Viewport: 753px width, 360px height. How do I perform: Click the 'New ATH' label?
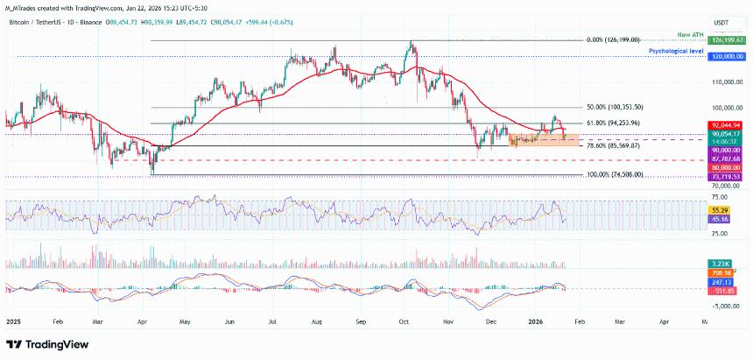click(x=690, y=33)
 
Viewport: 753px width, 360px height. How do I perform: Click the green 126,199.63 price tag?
click(x=728, y=40)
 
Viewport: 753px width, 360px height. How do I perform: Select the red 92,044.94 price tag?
click(x=728, y=125)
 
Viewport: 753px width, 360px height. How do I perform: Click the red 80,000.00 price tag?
click(x=728, y=167)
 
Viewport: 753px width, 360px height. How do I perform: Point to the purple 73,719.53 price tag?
click(x=728, y=176)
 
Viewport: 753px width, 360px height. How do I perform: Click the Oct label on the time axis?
click(x=404, y=321)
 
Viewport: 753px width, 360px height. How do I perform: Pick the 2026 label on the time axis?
click(x=536, y=321)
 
